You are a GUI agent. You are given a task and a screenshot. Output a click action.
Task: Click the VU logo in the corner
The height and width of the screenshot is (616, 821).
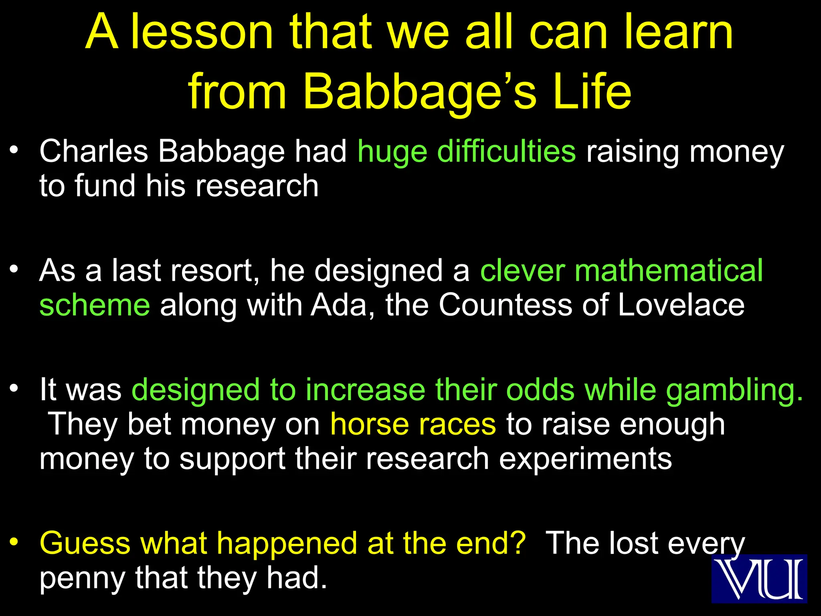click(x=759, y=579)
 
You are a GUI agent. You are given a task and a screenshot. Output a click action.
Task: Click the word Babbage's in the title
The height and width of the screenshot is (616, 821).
click(x=419, y=92)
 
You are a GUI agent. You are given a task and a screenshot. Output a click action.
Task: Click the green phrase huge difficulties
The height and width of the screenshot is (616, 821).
click(x=467, y=152)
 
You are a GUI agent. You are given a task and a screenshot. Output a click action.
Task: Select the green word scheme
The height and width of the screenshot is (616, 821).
click(x=95, y=305)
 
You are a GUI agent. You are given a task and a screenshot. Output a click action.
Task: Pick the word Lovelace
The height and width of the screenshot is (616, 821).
click(x=681, y=305)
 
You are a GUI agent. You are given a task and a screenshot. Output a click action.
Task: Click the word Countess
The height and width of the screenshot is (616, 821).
click(x=505, y=305)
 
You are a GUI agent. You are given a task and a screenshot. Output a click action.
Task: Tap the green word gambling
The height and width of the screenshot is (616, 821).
click(x=734, y=390)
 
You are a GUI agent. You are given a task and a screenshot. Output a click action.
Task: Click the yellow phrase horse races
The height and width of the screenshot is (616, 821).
click(x=413, y=424)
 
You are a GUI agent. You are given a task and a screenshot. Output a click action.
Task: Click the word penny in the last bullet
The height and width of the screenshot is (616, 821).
click(x=82, y=578)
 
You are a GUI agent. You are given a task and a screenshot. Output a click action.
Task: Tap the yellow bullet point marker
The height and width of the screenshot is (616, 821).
click(x=14, y=542)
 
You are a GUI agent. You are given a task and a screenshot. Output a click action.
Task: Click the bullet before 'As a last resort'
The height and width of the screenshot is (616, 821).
click(x=14, y=269)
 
